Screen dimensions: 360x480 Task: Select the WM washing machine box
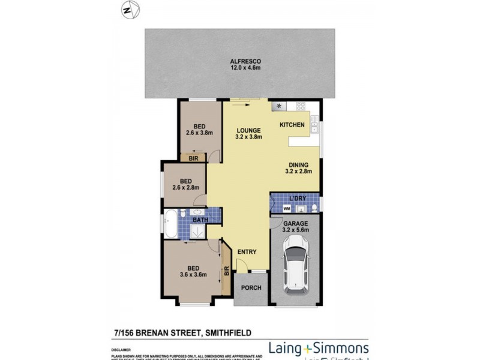tap(286, 208)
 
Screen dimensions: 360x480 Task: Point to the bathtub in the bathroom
tap(170, 224)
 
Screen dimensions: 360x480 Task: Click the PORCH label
tap(251, 288)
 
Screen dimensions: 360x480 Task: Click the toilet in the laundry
tap(314, 208)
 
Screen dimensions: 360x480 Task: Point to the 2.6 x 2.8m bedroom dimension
tap(185, 188)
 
